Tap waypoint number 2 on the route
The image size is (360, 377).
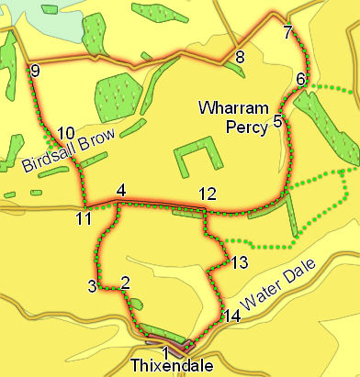pos(125,282)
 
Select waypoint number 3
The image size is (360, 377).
pos(92,286)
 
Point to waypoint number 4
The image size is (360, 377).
pos(120,191)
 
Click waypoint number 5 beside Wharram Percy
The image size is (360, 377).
pos(277,119)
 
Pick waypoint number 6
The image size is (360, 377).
pos(300,80)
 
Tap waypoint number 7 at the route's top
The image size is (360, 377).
pos(288,33)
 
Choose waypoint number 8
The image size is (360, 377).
pos(240,59)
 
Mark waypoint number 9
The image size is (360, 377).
pos(35,72)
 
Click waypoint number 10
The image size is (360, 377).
pos(64,133)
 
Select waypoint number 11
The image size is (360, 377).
pos(84,218)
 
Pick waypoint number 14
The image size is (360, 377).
pos(231,316)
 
